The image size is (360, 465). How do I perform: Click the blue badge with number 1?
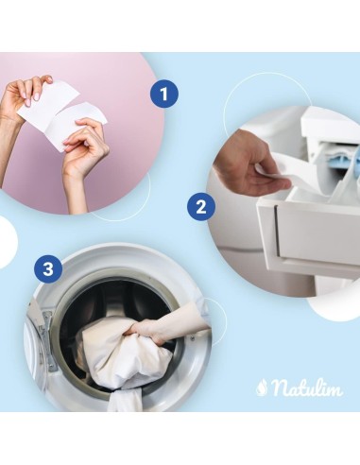164,94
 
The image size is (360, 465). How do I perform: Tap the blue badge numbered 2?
198,207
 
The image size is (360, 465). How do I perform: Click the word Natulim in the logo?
307,387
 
